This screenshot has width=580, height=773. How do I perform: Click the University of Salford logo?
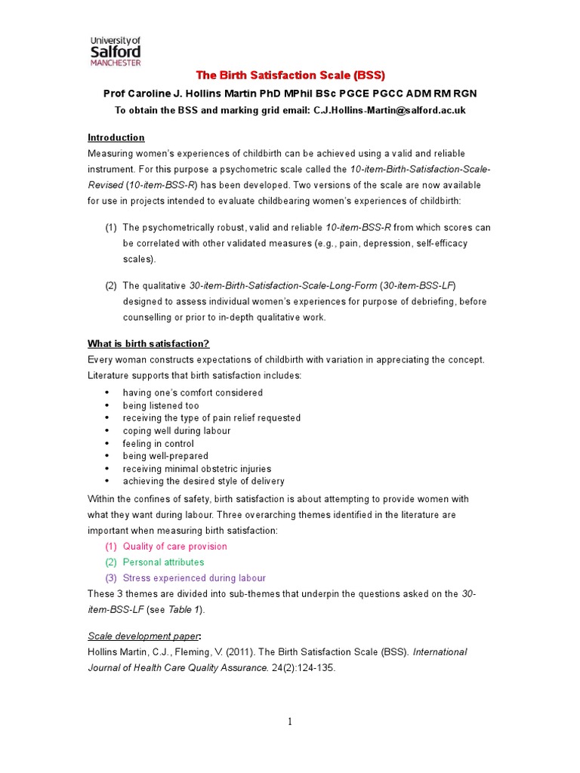[115, 51]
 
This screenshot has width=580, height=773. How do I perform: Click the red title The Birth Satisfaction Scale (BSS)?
[290, 75]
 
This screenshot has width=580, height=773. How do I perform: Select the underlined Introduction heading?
[116, 137]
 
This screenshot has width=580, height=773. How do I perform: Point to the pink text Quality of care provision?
[174, 547]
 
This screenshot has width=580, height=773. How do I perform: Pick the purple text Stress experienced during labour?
[194, 578]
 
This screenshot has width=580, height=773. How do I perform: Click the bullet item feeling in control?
[159, 444]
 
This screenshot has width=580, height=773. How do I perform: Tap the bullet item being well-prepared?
[165, 456]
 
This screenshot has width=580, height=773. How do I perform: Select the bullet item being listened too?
[161, 405]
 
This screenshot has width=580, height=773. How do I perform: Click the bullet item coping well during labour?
[177, 431]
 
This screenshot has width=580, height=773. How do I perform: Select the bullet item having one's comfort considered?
[193, 393]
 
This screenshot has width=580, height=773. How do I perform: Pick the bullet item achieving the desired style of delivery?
[203, 481]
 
